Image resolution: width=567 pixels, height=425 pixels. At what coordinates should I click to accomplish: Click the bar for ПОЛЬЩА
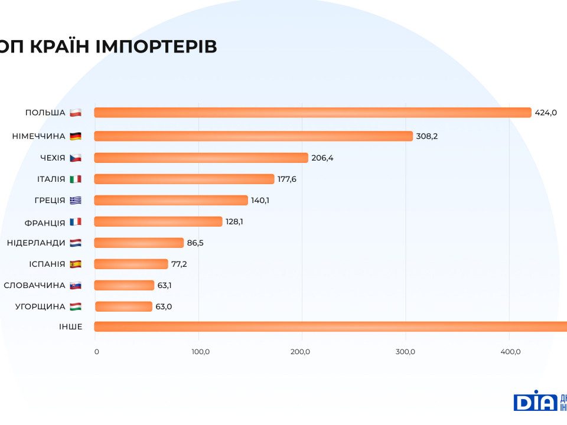[x=312, y=113]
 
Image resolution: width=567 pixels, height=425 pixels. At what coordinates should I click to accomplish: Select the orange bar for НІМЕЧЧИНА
[x=253, y=136]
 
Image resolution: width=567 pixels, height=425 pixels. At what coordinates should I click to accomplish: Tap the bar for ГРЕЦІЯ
[x=171, y=200]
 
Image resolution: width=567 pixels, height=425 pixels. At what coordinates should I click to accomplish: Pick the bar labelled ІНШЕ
[x=330, y=326]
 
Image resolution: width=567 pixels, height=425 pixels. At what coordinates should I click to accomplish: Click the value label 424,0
[x=546, y=113]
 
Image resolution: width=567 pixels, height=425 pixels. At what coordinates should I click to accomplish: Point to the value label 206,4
[x=322, y=158]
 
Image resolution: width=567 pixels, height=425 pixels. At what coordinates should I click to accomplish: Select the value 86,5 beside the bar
[x=195, y=243]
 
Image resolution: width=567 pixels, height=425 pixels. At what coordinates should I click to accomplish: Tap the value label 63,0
[x=164, y=306]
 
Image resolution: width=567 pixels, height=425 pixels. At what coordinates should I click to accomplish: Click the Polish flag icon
[x=75, y=113]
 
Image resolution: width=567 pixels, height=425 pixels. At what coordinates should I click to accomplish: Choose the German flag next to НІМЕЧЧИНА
[x=75, y=136]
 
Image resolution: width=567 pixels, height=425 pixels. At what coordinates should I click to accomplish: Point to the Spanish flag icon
[x=75, y=264]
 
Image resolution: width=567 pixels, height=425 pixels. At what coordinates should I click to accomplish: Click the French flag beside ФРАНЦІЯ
[x=75, y=221]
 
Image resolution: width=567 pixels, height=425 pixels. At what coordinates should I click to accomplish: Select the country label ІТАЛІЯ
[x=51, y=179]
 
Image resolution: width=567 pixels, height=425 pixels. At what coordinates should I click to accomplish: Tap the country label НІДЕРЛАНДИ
[x=36, y=243]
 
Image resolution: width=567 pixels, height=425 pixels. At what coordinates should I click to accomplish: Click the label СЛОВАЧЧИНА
[x=34, y=285]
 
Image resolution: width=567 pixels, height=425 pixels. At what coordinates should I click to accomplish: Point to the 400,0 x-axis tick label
[x=510, y=352]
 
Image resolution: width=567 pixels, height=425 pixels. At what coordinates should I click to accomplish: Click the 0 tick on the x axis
[x=97, y=352]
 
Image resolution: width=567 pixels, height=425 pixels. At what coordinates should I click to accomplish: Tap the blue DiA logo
[x=535, y=402]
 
